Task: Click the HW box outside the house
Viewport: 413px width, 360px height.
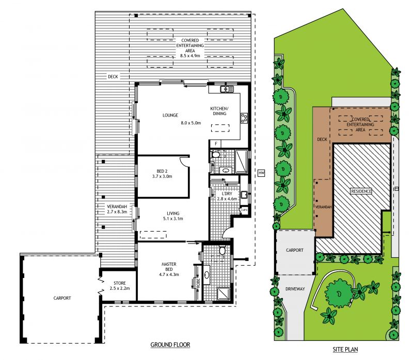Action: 261,173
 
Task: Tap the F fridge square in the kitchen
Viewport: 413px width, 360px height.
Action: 216,144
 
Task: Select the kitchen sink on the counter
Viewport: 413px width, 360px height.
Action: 227,89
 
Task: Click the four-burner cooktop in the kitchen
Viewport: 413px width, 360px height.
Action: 244,118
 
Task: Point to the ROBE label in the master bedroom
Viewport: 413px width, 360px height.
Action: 198,283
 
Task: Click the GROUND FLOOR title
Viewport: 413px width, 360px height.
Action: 170,345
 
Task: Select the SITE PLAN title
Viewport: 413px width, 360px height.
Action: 345,349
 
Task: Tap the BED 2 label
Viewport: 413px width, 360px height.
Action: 162,171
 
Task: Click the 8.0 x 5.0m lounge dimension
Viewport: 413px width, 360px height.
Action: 190,123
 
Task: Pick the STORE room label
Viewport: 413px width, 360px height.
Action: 120,283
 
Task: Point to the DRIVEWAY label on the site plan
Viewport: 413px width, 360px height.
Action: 295,289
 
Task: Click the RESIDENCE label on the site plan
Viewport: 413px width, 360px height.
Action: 361,191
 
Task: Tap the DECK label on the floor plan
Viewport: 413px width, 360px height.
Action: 113,76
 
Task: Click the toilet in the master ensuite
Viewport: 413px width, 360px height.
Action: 222,250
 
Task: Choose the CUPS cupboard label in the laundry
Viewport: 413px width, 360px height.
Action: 244,210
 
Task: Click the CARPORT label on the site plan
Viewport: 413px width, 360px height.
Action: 294,250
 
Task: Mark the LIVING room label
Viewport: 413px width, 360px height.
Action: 173,214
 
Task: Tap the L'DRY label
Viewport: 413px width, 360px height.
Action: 227,194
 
